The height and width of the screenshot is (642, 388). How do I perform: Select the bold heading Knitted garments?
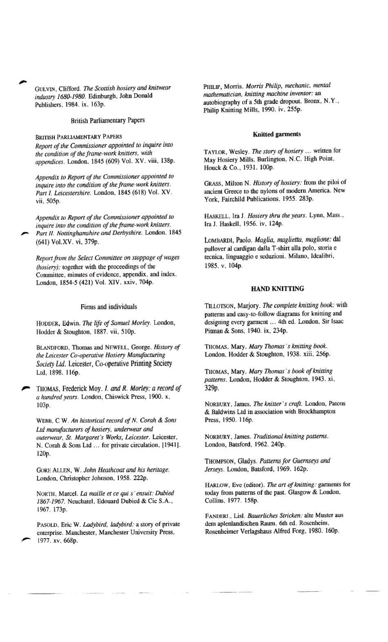point(277,134)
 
